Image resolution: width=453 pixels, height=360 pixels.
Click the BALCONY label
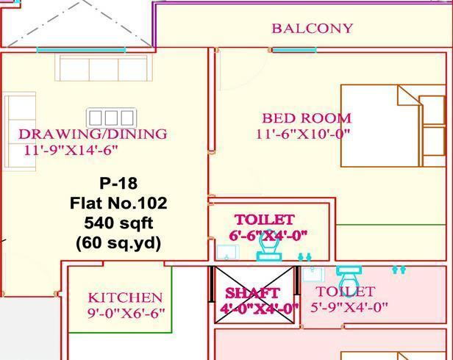click(312, 29)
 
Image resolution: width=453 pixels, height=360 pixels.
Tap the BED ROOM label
click(307, 118)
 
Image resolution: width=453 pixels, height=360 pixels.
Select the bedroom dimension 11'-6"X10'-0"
click(303, 134)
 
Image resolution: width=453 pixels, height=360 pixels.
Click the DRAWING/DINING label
click(93, 134)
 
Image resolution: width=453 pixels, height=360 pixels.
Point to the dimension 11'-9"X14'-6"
click(66, 151)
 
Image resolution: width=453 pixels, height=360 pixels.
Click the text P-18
click(118, 183)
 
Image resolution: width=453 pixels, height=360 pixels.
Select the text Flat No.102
click(118, 203)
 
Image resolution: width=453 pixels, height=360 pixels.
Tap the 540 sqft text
click(118, 223)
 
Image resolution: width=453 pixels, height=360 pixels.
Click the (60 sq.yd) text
click(118, 242)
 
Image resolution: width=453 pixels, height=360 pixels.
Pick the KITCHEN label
click(125, 298)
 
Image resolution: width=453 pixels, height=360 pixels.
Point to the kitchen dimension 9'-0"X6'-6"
click(126, 313)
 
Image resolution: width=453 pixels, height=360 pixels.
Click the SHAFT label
click(252, 293)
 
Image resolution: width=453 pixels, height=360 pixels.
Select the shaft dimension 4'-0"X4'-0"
click(260, 309)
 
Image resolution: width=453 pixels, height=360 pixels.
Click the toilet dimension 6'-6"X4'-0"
click(268, 235)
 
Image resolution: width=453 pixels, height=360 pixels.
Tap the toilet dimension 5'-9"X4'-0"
click(349, 307)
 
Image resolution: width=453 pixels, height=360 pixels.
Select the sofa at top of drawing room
click(103, 68)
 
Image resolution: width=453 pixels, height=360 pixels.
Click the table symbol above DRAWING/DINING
click(111, 118)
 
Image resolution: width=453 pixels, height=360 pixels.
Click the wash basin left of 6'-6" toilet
click(228, 252)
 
